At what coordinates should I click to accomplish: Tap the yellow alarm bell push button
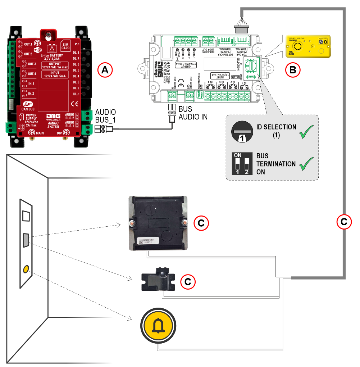tap(157, 325)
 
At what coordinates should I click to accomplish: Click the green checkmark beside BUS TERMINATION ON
tap(306, 163)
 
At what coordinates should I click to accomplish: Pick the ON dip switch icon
tap(242, 164)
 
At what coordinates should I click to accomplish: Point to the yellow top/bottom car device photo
tap(307, 46)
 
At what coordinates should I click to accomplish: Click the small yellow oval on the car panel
tap(26, 269)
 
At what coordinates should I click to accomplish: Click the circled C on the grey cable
tap(344, 222)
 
